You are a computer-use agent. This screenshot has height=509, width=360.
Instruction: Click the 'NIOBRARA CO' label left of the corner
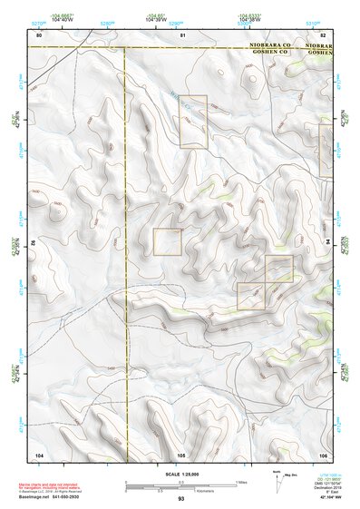click(269, 44)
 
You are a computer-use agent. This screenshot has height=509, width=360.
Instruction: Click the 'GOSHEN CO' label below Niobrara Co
click(269, 53)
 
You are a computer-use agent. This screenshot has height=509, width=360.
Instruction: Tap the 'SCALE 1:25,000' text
click(180, 475)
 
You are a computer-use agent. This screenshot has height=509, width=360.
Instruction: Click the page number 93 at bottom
click(180, 499)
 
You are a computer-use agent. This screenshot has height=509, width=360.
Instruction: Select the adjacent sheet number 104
click(39, 454)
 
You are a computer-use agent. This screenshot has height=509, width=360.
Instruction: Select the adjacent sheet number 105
click(181, 454)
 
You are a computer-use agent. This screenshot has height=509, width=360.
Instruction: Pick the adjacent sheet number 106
click(322, 454)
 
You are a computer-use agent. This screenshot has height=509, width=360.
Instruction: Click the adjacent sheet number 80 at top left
click(39, 34)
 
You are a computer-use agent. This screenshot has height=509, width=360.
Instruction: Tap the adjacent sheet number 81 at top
click(182, 34)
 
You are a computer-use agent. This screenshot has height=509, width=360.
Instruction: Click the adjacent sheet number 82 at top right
click(322, 34)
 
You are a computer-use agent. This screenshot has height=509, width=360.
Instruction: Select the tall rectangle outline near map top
click(193, 122)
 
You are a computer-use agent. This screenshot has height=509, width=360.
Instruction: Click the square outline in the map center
click(168, 241)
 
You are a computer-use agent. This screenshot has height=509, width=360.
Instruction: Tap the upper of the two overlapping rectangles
click(279, 269)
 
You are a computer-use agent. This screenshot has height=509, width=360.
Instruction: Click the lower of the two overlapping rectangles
click(251, 296)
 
